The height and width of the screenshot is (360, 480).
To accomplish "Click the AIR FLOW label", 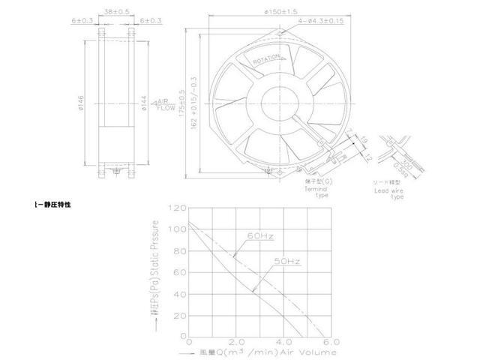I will click(164, 103).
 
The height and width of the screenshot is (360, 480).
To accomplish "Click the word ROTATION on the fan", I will click(268, 59).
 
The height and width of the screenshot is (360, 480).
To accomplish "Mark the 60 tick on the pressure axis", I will click(178, 271).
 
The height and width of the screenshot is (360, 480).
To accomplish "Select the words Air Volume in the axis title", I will click(313, 352).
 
